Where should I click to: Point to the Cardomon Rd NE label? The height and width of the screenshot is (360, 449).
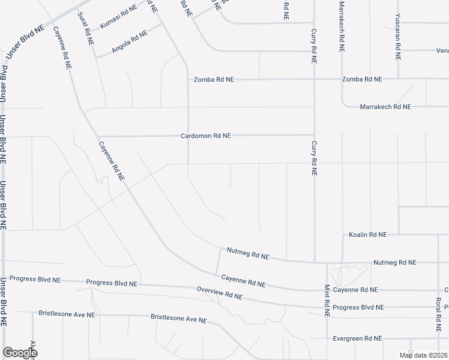pyautogui.click(x=206, y=136)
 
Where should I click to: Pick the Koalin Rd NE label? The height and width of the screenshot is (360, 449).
pyautogui.click(x=367, y=235)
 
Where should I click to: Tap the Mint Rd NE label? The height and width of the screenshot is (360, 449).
pyautogui.click(x=327, y=300)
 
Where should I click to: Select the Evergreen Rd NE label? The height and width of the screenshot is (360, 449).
pyautogui.click(x=358, y=338)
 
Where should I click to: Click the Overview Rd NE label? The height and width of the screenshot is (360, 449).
pyautogui.click(x=220, y=293)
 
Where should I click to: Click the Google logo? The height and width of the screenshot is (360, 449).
pyautogui.click(x=20, y=352)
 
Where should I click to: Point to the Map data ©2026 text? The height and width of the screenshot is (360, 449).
pyautogui.click(x=423, y=355)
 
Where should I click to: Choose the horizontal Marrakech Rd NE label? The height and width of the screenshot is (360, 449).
pyautogui.click(x=385, y=107)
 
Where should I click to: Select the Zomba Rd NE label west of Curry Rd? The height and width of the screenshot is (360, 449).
pyautogui.click(x=214, y=79)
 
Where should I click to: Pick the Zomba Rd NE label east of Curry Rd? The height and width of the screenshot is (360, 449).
pyautogui.click(x=362, y=79)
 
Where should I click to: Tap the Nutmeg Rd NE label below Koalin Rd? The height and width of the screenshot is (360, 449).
pyautogui.click(x=394, y=263)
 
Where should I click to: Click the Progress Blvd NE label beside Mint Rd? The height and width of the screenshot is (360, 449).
pyautogui.click(x=358, y=308)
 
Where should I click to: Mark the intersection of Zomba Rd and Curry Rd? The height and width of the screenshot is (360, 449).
pyautogui.click(x=313, y=79)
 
